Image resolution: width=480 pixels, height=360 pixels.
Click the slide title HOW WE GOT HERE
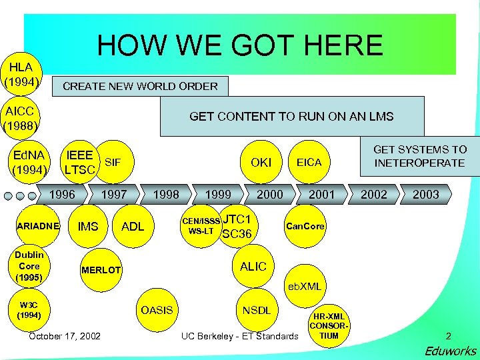point(240,45)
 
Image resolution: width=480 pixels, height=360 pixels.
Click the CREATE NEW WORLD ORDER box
point(140,86)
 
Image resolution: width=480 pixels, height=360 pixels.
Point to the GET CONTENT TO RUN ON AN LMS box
point(291,116)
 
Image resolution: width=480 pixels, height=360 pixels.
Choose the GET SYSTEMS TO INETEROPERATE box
point(419,156)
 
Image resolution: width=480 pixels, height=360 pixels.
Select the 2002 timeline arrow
point(373,194)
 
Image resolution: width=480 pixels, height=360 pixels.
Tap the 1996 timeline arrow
point(63,194)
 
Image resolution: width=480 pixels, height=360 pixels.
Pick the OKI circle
point(261,162)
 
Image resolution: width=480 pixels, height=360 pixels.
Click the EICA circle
point(309,162)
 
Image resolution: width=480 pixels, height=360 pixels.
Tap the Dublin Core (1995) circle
point(29,265)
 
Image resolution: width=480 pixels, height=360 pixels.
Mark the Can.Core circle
point(305,227)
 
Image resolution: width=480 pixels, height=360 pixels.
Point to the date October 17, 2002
point(65,335)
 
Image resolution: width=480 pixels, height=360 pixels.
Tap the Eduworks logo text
point(451,351)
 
